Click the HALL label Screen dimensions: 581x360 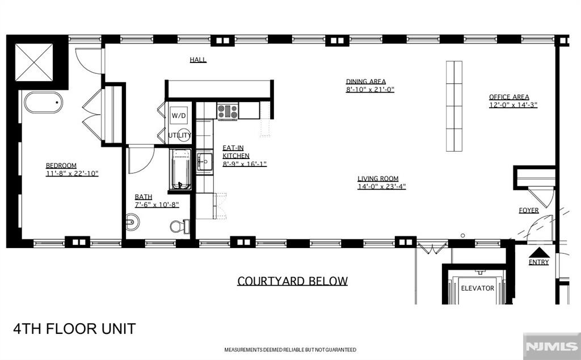(198, 60)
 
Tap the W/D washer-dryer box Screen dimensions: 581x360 (179, 115)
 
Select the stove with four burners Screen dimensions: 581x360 (228, 111)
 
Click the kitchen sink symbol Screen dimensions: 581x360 (204, 162)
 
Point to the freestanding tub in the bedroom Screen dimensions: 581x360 (43, 102)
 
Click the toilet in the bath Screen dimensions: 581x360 (180, 226)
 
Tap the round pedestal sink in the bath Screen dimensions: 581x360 (132, 223)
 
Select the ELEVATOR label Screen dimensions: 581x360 (477, 288)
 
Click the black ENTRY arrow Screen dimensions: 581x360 (539, 253)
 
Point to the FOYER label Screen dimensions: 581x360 (529, 210)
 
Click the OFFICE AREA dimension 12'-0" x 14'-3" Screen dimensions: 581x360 (513, 105)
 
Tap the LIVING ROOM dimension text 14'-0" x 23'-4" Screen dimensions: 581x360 (382, 186)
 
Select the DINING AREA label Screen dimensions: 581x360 (366, 81)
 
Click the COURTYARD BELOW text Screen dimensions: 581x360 (292, 281)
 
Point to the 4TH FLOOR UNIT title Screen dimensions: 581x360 (74, 329)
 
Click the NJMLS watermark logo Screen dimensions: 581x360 (552, 346)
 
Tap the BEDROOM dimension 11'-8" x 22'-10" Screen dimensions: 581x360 (72, 174)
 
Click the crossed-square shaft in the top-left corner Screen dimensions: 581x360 (34, 62)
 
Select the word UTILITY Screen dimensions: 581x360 (180, 135)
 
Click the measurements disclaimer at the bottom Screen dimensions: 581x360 (290, 350)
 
